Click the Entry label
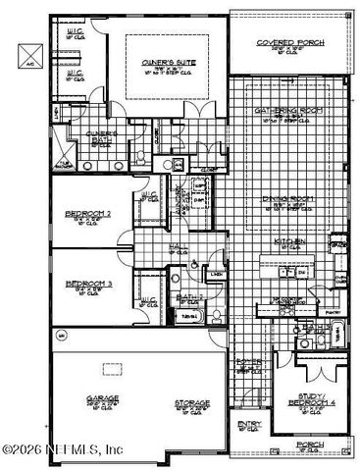[x=248, y=424]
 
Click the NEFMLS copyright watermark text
[x=64, y=449]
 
